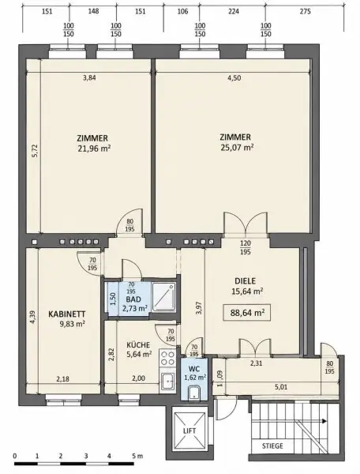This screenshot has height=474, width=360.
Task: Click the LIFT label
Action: tap(189, 431)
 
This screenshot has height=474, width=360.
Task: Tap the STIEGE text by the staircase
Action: tap(272, 446)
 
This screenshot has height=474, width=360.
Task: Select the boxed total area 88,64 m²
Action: tap(247, 313)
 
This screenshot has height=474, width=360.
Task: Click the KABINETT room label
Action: tap(67, 314)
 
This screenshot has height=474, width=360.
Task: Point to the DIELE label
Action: tap(246, 281)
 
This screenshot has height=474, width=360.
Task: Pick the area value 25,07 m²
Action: tap(237, 148)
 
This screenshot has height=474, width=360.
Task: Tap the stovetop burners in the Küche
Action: tap(167, 358)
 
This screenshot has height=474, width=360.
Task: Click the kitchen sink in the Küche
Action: tap(167, 381)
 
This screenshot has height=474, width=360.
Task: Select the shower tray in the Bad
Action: tap(164, 297)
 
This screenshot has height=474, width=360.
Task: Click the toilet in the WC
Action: tap(193, 393)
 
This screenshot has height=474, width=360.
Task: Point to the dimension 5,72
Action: tap(35, 151)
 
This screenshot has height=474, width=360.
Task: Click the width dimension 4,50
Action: tap(234, 78)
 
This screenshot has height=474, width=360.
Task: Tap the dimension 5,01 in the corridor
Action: tap(281, 387)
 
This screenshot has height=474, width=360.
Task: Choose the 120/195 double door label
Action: tap(246, 247)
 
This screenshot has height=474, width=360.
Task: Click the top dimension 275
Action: tap(305, 12)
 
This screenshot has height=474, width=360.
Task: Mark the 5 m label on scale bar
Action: tap(136, 456)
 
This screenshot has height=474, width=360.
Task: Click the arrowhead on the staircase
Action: tap(324, 421)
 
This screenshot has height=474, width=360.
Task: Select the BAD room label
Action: tap(133, 299)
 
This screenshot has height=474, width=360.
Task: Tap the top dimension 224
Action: tap(234, 12)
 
